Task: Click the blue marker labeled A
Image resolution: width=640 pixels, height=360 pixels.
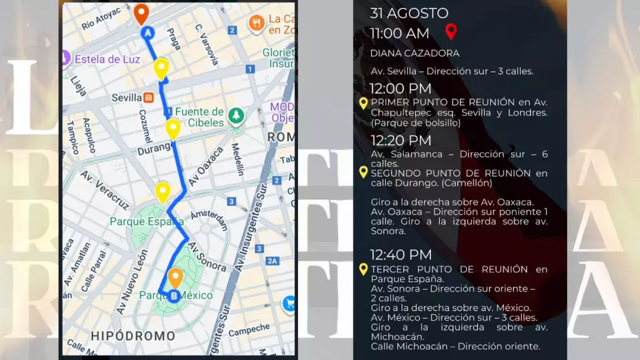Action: pyautogui.click(x=147, y=33)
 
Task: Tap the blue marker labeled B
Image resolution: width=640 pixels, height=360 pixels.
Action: pyautogui.click(x=174, y=296)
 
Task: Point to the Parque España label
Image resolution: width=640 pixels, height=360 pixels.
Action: pyautogui.click(x=147, y=221)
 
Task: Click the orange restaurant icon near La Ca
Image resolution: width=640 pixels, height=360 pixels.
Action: pyautogui.click(x=257, y=24)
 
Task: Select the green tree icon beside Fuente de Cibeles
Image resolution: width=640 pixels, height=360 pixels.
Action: pyautogui.click(x=237, y=114)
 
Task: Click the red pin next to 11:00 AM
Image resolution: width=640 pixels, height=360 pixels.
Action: pyautogui.click(x=451, y=31)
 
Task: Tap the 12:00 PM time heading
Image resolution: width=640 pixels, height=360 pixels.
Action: pyautogui.click(x=401, y=88)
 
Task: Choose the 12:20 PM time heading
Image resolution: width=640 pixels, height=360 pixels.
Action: pyautogui.click(x=401, y=141)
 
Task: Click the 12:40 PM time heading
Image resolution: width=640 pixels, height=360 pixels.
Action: pyautogui.click(x=401, y=254)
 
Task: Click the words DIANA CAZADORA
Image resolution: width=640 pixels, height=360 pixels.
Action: pyautogui.click(x=414, y=53)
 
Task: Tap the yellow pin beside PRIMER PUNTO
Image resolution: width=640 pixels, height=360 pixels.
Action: pyautogui.click(x=363, y=103)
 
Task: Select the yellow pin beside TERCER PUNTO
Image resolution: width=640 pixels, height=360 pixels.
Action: pyautogui.click(x=363, y=269)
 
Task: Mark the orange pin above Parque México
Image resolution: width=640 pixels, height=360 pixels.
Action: pyautogui.click(x=175, y=277)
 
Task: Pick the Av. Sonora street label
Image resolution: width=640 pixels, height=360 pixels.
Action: pyautogui.click(x=208, y=257)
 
